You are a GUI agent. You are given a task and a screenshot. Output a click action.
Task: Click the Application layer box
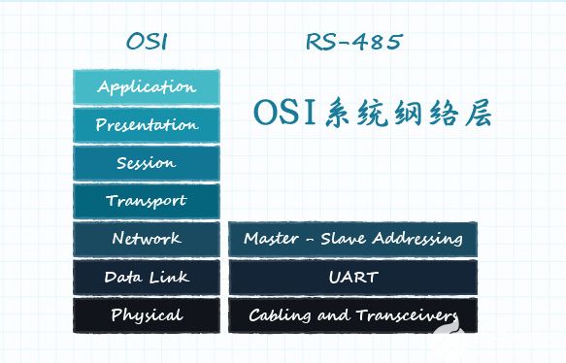[x=147, y=87]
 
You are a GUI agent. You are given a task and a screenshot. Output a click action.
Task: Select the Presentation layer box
[x=147, y=125]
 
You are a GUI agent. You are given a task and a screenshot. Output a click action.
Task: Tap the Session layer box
[x=147, y=163]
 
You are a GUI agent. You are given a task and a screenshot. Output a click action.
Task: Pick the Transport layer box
[x=147, y=201]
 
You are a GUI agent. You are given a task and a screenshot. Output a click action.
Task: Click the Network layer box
[x=147, y=239]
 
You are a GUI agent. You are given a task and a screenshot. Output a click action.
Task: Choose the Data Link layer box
[x=147, y=278]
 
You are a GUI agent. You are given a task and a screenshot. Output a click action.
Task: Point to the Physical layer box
[x=147, y=315]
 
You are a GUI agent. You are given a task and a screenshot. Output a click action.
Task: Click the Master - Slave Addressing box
[x=352, y=239]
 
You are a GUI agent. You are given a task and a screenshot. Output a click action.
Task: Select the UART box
[x=352, y=278]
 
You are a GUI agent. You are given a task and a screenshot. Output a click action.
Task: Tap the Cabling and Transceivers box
[x=352, y=315]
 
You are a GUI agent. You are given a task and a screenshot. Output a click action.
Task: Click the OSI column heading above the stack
[x=147, y=42]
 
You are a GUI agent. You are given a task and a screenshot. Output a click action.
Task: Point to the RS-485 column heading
[x=352, y=42]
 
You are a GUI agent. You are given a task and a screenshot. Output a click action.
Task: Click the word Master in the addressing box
[x=271, y=239]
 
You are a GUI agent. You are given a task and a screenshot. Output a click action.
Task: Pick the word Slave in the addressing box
[x=341, y=239]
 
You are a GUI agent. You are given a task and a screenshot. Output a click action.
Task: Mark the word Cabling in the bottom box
[x=280, y=315]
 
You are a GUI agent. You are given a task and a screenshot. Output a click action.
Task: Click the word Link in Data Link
[x=170, y=278]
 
